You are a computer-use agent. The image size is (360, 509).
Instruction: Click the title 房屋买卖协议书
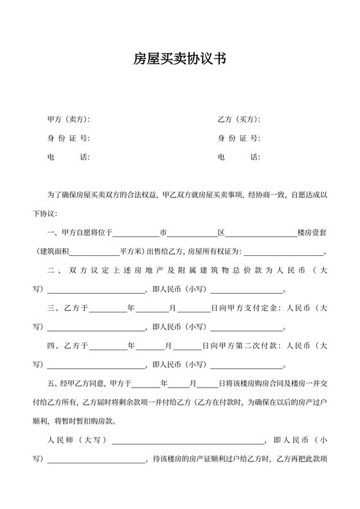click(179, 60)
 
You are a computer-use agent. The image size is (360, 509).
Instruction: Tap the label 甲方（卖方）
click(68, 120)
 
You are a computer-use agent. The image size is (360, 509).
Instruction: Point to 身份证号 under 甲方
click(68, 138)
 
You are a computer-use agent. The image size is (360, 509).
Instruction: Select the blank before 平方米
click(97, 253)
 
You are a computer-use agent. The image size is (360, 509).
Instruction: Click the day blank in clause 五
click(207, 384)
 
